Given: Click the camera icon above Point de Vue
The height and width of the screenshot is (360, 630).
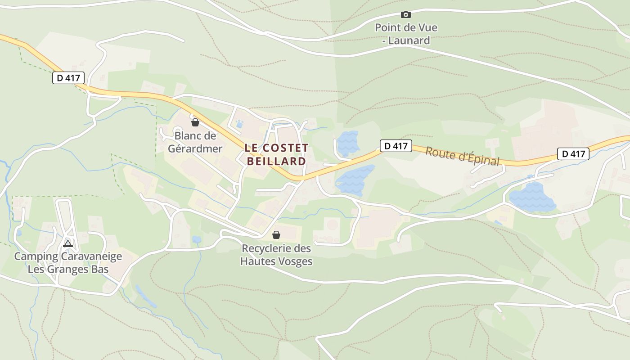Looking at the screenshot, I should [405, 14].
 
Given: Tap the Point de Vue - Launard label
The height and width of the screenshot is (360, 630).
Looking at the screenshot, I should [406, 34].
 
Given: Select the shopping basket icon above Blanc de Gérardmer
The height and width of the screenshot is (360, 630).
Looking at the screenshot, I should [195, 122].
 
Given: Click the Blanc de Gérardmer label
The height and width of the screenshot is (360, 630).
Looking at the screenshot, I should [195, 142].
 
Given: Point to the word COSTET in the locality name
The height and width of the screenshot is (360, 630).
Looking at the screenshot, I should [285, 148].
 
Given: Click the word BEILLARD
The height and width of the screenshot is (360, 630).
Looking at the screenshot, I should [277, 161].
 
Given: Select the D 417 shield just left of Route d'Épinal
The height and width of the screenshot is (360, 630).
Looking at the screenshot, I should [396, 146].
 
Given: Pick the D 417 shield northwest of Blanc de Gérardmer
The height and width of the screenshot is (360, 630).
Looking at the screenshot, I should [68, 78].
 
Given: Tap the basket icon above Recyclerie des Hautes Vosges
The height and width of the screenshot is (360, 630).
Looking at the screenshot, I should [276, 235].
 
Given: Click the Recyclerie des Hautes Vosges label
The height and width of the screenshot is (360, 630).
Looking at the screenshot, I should [276, 255].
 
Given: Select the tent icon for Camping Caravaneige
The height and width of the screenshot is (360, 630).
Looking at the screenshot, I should [68, 244].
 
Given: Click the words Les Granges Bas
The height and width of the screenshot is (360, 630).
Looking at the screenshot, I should [68, 269].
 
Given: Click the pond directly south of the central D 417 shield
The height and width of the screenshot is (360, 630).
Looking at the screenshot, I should [354, 179].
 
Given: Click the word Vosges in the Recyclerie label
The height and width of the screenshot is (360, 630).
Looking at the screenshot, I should [295, 261].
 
